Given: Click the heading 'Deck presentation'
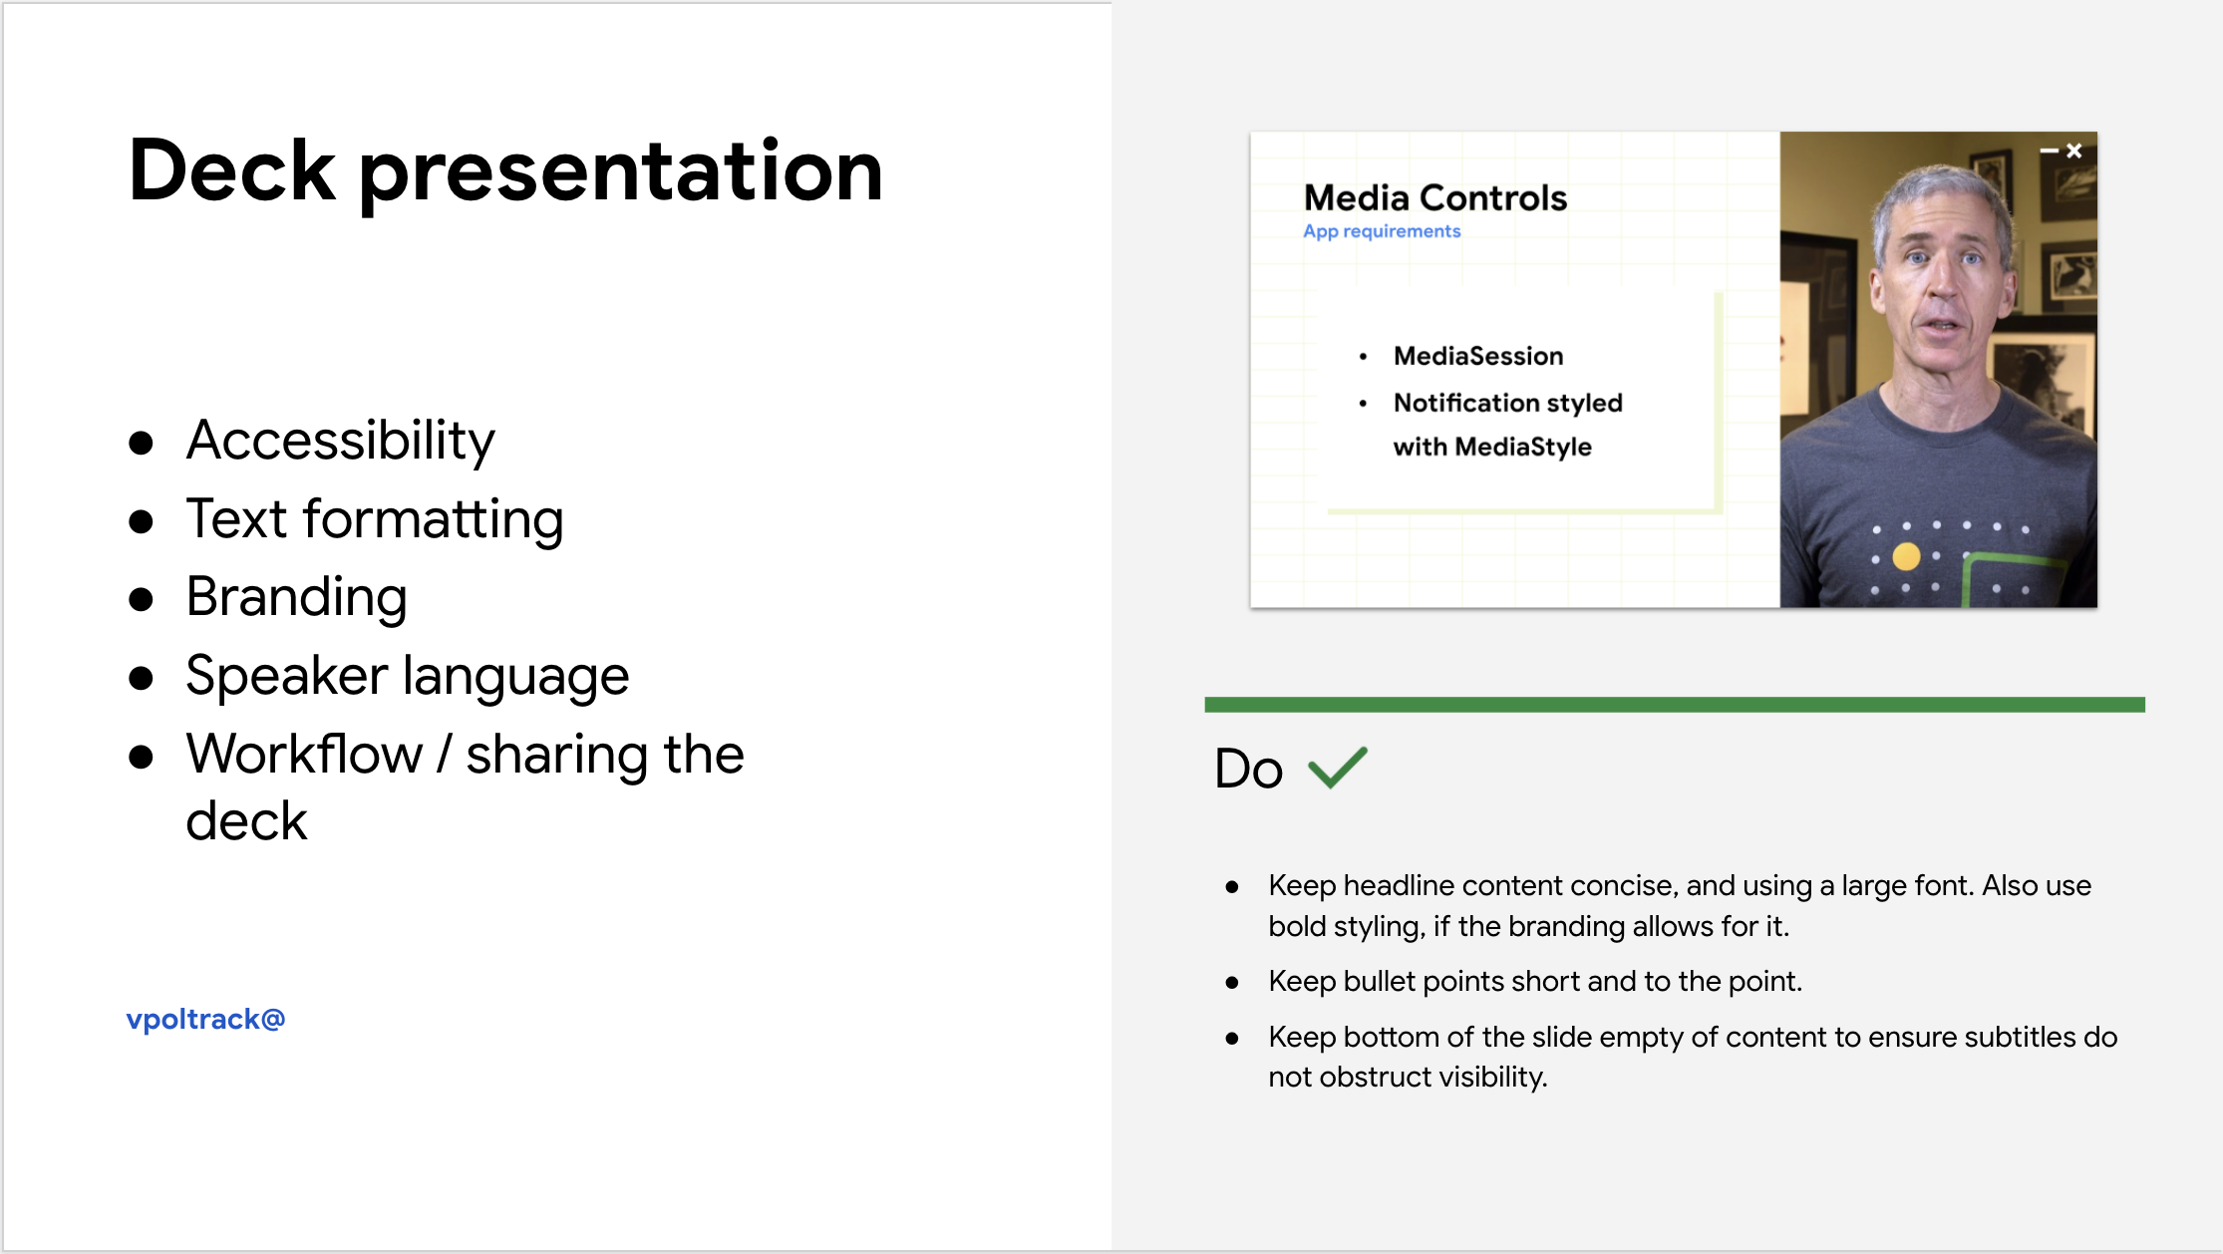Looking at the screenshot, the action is [505, 172].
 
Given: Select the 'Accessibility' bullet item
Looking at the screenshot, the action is [340, 440].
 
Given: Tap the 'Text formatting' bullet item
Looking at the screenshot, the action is [375, 518].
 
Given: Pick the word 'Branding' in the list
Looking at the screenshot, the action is [297, 597].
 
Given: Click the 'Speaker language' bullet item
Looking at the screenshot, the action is [408, 676].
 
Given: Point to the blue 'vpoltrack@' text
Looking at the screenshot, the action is [205, 1019].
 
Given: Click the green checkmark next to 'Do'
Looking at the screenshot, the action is [1338, 768].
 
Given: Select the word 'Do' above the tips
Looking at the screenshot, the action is [1248, 769].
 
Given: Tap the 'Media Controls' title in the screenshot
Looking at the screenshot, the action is [1435, 197].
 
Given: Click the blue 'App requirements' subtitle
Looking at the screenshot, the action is [1382, 231].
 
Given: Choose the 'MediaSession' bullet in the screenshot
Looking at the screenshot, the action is [1478, 356].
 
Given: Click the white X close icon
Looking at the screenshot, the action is [2074, 151].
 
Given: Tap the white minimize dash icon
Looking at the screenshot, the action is [2050, 151].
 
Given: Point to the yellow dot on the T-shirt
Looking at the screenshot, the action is [1906, 556].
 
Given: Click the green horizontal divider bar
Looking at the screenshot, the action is [1675, 705].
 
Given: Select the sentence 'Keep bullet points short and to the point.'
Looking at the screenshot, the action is [1535, 981].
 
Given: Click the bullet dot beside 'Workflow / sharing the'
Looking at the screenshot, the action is [141, 757].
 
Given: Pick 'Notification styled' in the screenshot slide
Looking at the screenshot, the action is [1508, 403].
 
